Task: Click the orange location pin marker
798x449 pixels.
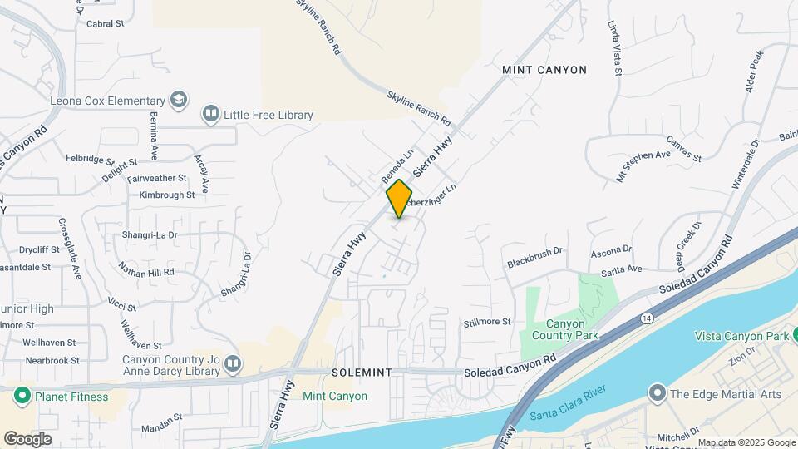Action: (400, 199)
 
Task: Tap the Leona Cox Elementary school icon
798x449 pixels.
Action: (177, 101)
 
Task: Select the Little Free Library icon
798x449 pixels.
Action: (211, 115)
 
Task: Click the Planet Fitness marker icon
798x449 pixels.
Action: (22, 397)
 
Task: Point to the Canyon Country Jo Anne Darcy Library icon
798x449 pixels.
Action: (234, 364)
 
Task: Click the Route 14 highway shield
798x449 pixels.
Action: (647, 318)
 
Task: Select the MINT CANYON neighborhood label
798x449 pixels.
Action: (544, 71)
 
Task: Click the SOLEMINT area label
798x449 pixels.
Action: (361, 373)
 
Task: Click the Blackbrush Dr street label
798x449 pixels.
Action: (534, 256)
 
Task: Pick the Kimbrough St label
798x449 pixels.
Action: (166, 195)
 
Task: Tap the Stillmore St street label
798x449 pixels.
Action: (487, 322)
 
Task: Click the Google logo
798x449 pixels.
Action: (27, 438)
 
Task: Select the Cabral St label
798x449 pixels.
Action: (105, 24)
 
